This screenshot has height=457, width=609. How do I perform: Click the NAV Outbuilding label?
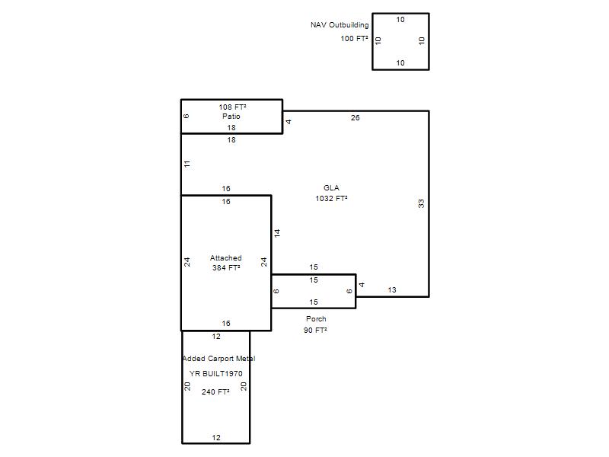point(340,25)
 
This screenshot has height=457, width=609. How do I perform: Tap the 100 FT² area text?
point(354,39)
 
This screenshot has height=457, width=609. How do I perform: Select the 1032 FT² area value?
point(331,198)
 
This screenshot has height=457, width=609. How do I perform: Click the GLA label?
point(331,187)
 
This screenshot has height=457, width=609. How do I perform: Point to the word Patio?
point(231,117)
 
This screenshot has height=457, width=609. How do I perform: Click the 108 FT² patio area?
point(232,107)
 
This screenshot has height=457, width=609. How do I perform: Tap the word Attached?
point(226,257)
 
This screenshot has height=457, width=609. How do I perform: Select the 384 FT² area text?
point(226,268)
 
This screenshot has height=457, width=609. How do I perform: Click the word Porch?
point(316,318)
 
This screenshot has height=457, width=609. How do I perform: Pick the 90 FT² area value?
point(315,330)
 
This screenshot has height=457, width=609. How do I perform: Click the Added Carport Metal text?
point(218,358)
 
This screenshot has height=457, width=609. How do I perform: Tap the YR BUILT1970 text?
point(216,373)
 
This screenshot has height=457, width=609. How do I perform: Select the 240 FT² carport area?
point(215,391)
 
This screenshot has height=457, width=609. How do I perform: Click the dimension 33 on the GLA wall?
point(422,203)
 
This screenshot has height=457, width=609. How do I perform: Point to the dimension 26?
point(355,118)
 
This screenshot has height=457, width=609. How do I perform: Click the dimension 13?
point(392,290)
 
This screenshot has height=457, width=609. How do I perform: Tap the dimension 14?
point(277,233)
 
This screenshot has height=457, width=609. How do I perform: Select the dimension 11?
point(187,164)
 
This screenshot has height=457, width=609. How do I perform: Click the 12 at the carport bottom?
point(216,437)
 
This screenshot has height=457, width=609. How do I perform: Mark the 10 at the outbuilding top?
point(400,20)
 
